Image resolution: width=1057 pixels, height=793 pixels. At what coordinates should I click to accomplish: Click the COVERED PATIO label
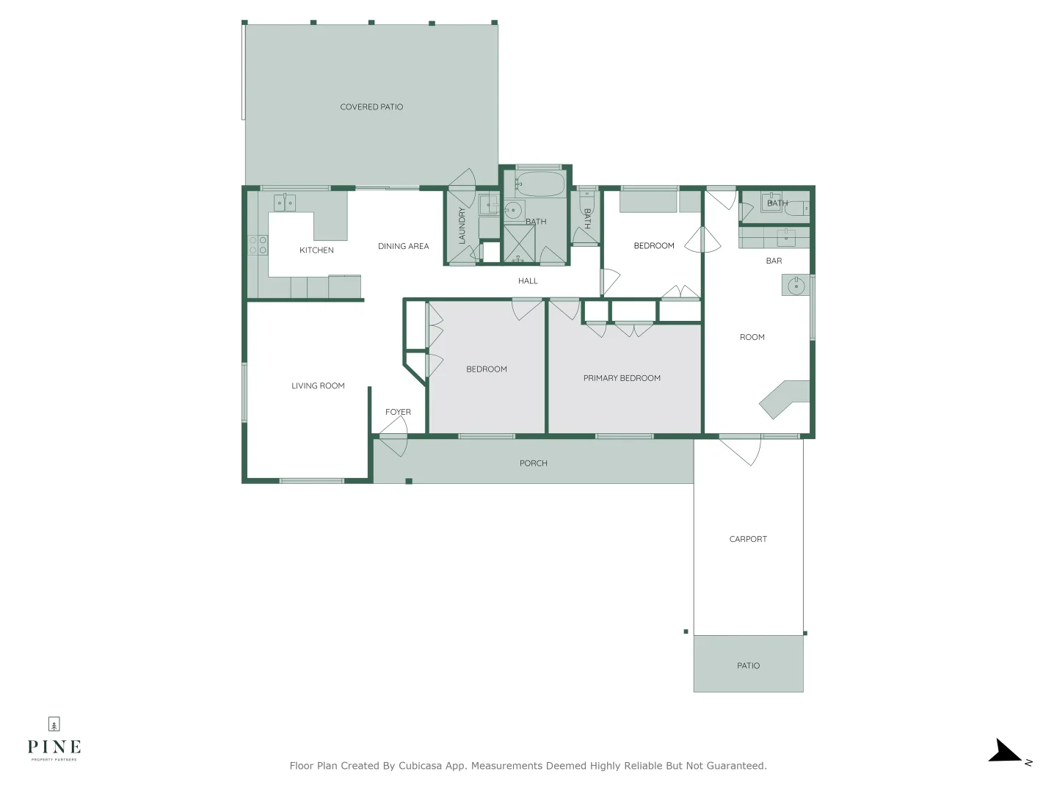[371, 107]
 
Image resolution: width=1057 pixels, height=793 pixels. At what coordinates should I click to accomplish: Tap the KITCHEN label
[316, 250]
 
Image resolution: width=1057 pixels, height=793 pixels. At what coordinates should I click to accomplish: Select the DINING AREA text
[403, 247]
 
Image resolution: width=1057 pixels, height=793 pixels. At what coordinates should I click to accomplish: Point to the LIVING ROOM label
[318, 386]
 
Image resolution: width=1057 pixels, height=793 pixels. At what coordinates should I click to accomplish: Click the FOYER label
[398, 413]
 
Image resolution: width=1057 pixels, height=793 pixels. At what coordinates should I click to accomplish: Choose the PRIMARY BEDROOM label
[622, 379]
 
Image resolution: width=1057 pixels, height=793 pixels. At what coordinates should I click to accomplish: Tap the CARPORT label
[748, 540]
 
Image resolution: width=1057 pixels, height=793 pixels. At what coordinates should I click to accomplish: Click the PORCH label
[534, 464]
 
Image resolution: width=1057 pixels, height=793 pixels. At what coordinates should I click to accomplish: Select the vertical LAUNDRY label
[462, 225]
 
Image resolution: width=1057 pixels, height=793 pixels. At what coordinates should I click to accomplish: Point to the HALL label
[528, 281]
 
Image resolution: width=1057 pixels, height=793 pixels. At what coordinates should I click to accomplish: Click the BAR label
[774, 261]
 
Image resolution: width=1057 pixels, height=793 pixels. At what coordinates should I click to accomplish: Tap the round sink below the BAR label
[795, 286]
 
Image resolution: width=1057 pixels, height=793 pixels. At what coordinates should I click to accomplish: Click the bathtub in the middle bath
[540, 184]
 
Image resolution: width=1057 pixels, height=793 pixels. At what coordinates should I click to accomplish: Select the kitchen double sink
[285, 203]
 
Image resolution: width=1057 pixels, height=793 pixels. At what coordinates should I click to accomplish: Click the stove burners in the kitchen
[258, 245]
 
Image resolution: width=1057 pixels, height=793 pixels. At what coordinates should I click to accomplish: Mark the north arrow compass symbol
[1006, 753]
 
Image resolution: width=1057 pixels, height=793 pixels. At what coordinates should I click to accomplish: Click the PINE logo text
[54, 747]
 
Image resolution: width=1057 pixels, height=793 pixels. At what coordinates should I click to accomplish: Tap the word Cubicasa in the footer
[420, 766]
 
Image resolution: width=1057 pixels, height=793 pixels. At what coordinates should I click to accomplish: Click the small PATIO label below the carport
[748, 666]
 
